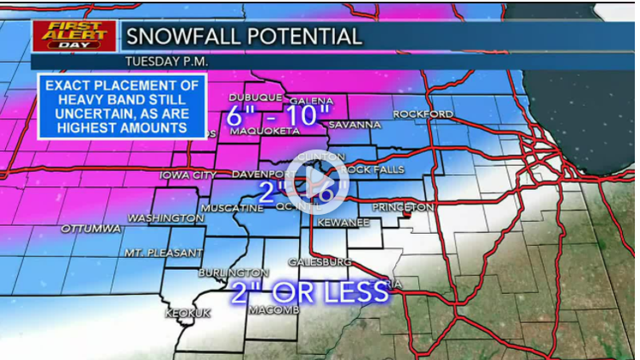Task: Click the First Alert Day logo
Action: click(x=73, y=35)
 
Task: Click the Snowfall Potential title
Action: click(x=243, y=36)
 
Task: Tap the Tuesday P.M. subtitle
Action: click(x=167, y=62)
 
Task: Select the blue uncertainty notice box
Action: click(x=122, y=106)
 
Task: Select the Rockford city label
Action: click(x=423, y=114)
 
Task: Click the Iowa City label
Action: click(x=187, y=175)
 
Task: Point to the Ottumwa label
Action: click(x=90, y=229)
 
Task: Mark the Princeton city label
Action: click(x=403, y=208)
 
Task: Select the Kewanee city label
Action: click(x=343, y=223)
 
